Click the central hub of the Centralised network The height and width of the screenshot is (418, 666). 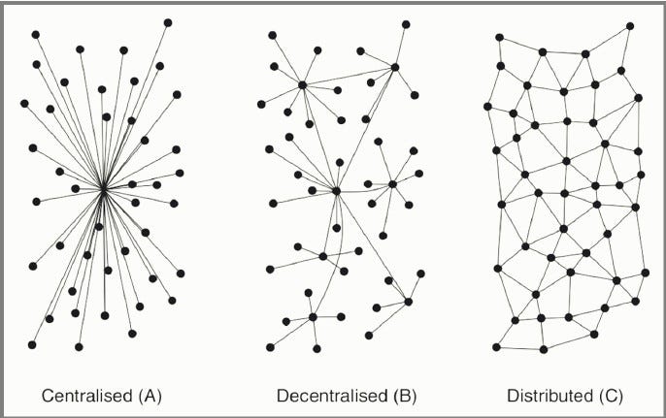tap(103, 187)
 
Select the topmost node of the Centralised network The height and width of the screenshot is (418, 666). tap(168, 21)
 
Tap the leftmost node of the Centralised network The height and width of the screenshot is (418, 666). tap(24, 101)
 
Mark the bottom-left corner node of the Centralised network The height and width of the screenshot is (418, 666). tap(32, 344)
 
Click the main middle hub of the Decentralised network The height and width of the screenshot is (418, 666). tap(336, 191)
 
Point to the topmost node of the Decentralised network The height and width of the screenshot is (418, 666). tap(406, 23)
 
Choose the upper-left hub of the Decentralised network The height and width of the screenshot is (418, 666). tap(303, 85)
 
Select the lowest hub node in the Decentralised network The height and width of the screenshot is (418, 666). tap(313, 316)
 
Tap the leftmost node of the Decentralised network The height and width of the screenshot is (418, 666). tap(261, 103)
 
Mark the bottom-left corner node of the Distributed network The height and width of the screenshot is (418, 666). tap(496, 346)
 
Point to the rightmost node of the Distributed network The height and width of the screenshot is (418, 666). tap(646, 273)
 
